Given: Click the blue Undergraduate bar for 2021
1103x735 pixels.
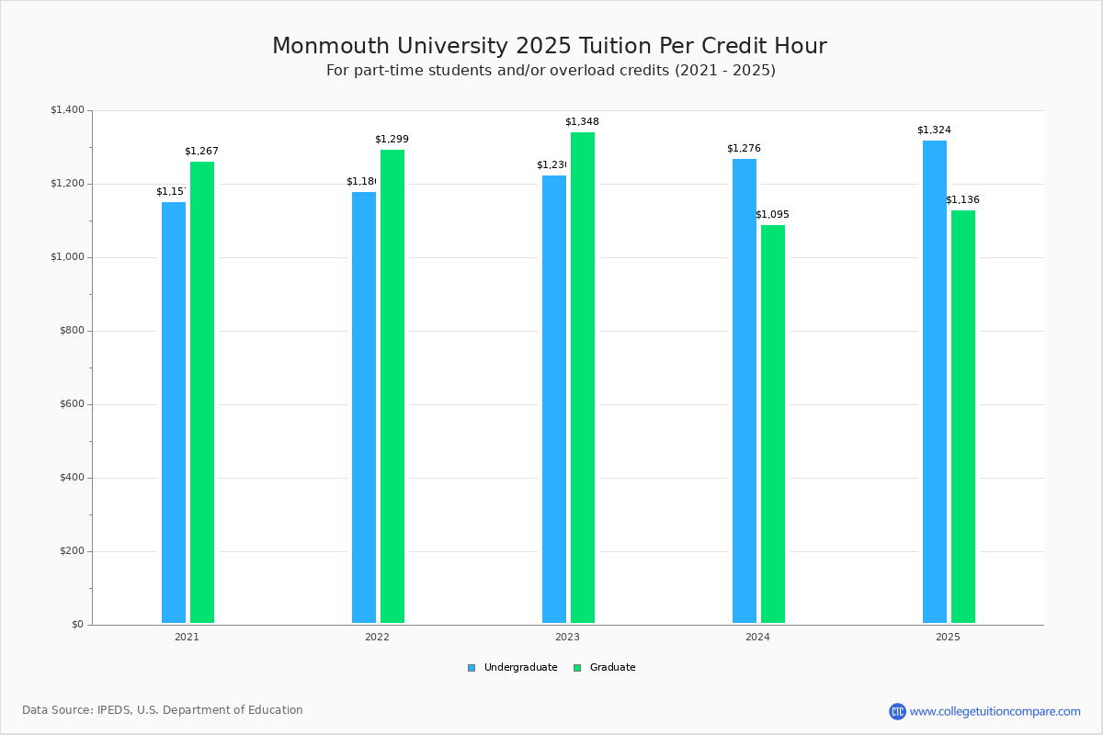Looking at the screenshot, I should pos(174,413).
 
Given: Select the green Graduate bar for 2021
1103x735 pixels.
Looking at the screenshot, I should pos(202,392).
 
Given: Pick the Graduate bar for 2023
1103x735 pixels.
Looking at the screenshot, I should pos(583,378).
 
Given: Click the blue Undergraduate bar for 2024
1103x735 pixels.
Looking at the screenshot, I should pos(745,390).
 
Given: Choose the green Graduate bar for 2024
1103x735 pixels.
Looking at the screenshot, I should pos(773,424).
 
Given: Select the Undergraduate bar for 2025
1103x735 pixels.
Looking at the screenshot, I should pos(935,381).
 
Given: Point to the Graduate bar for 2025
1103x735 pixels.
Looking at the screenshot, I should pos(963,416).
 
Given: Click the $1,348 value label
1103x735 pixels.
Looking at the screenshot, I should pos(582,122).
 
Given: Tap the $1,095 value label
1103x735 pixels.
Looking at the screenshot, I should pos(772,215).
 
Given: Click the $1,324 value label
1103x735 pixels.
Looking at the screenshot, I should pos(934,130).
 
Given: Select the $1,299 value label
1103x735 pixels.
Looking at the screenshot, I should pos(392,140).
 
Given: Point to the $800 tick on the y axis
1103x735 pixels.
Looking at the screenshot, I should pos(71,331).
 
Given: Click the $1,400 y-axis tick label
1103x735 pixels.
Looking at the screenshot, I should pos(67,110).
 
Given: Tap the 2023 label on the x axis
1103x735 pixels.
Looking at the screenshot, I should pos(567,637).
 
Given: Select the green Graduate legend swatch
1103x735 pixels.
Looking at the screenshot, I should pos(577,668).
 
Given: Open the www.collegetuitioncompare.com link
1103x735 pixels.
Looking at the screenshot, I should pos(995,711).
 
